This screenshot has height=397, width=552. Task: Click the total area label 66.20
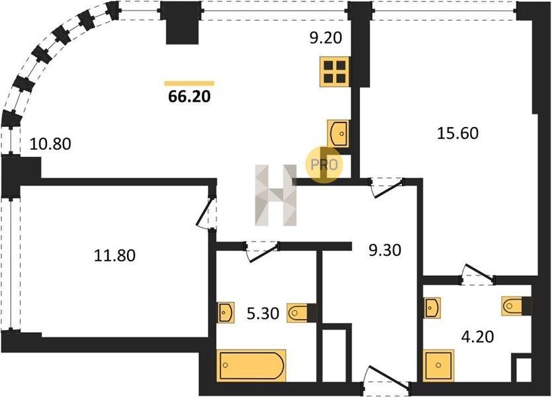click(x=189, y=96)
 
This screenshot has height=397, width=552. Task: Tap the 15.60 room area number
click(x=457, y=134)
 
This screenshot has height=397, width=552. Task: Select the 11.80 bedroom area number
click(x=115, y=255)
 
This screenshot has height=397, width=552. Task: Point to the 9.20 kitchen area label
click(x=326, y=38)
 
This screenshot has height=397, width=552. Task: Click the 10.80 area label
click(x=50, y=144)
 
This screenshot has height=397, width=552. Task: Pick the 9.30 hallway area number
click(x=385, y=250)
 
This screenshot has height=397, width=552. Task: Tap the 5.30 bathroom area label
click(x=263, y=313)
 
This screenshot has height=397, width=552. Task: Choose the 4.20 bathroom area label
click(x=478, y=337)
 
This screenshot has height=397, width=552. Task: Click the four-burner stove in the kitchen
click(x=335, y=71)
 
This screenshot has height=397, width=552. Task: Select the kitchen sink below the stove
click(x=338, y=134)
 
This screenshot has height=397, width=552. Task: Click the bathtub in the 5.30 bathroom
click(x=252, y=365)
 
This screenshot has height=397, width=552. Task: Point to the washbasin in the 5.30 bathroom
click(x=226, y=312)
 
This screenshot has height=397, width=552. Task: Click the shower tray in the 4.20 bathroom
click(x=439, y=365)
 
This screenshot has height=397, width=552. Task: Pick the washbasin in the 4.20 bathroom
click(x=432, y=308)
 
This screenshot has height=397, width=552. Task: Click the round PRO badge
click(x=324, y=165)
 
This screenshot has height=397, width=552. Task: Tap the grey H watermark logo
click(x=276, y=195)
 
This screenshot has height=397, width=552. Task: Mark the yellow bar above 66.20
click(x=189, y=83)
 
